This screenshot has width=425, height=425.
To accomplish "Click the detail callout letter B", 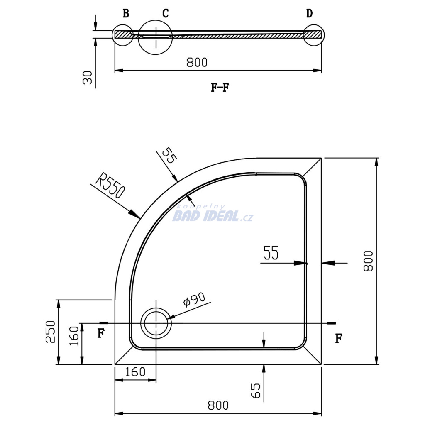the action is coord(126,13).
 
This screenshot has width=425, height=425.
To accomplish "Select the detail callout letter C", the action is coord(165,13).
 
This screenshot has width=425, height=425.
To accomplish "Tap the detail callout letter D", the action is coord(309,13).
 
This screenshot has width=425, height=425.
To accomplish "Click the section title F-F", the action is coord(220,88).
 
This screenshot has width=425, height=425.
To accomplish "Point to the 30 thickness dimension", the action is coord(88,78).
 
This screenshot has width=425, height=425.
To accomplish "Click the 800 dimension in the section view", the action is coord(197,62).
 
